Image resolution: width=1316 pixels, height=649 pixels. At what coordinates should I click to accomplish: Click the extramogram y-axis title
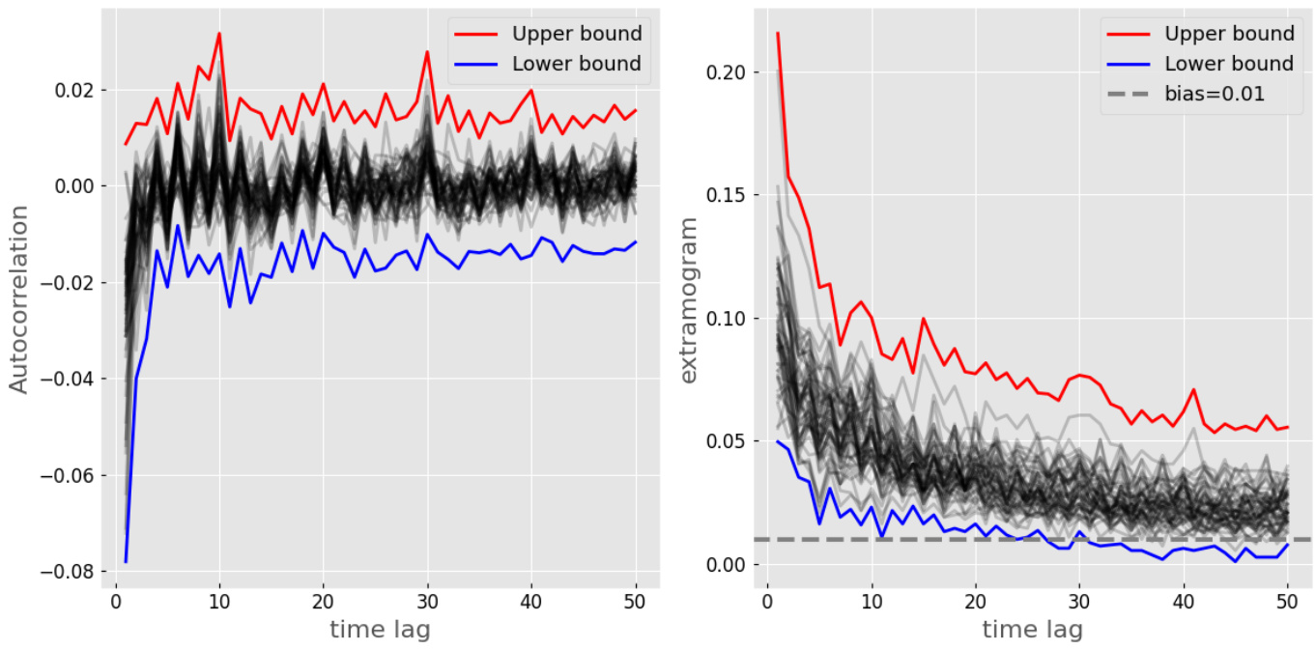[x=688, y=300]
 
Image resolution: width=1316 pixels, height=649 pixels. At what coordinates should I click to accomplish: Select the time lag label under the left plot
[x=380, y=630]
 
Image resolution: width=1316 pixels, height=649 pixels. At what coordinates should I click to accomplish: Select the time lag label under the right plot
[x=1032, y=630]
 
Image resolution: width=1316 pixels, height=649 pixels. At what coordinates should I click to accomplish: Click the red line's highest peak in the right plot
[x=778, y=33]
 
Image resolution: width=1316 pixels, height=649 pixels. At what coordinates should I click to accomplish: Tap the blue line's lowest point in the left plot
[x=126, y=561]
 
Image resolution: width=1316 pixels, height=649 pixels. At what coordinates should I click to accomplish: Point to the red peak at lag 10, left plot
[x=219, y=34]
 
